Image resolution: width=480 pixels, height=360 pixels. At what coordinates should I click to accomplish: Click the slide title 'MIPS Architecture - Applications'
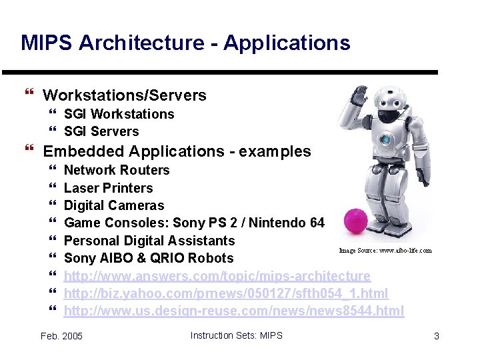tap(185, 43)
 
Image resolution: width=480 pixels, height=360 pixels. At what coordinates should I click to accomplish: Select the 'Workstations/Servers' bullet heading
tap(124, 95)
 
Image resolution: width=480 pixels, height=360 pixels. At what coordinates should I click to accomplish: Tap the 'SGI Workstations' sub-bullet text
tap(119, 114)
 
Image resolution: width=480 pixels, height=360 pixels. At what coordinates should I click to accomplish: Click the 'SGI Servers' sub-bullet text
tap(101, 131)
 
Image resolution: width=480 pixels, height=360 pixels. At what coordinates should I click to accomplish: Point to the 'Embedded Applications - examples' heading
tap(177, 151)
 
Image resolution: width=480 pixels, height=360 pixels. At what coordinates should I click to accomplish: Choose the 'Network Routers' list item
tap(117, 170)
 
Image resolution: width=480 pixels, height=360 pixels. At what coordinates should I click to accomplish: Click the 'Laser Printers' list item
tap(108, 188)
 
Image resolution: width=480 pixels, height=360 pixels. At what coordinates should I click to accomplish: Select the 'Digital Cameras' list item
tap(113, 205)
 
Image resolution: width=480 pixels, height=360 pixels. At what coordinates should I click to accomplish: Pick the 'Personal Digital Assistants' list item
tap(149, 241)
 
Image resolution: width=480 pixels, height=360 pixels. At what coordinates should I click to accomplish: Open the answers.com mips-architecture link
tap(217, 276)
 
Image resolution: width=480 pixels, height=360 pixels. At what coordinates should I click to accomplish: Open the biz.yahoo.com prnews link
tap(225, 293)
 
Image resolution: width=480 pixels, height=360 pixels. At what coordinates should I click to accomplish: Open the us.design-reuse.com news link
tap(233, 311)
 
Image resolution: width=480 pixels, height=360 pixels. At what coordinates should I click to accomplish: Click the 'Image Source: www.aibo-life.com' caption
tap(385, 251)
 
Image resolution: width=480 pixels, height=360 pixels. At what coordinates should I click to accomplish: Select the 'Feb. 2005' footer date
tap(61, 336)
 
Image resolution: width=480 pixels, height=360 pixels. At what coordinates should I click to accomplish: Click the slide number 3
tap(436, 336)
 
